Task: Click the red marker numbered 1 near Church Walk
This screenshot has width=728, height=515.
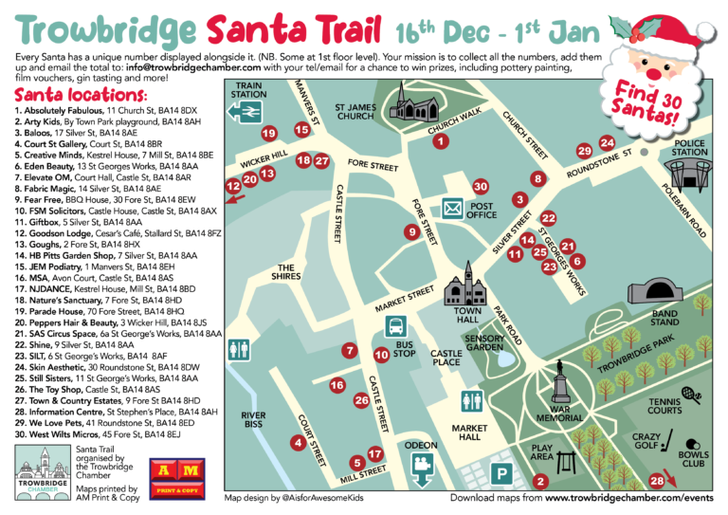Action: pos(440,142)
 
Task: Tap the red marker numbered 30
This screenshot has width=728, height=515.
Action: pos(481,187)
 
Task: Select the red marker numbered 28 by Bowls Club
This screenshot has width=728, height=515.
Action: pos(657,481)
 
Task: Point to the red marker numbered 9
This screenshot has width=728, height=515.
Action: pos(410,231)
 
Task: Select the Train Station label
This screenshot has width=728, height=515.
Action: pos(248,90)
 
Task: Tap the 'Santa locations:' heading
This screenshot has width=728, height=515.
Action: pos(81,97)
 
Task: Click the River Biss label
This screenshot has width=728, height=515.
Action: pos(253,420)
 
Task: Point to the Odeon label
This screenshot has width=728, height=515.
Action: pos(422,445)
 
